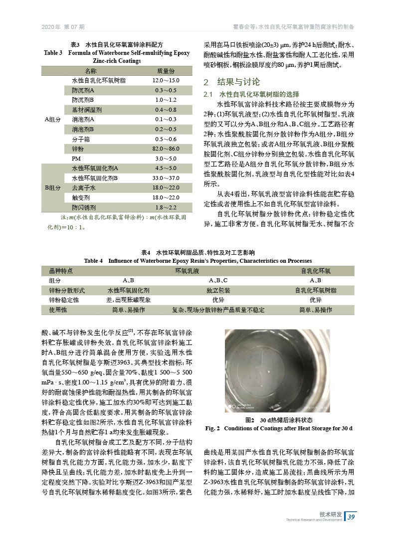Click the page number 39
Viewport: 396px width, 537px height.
[x=351, y=516]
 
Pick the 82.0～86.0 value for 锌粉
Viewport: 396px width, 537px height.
[x=166, y=149]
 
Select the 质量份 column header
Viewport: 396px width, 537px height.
[x=166, y=71]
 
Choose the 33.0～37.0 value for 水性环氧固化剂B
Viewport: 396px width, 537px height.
[x=166, y=178]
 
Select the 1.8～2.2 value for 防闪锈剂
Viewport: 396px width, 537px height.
[x=166, y=207]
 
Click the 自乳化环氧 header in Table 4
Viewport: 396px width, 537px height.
[x=315, y=271]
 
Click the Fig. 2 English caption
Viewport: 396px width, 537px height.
[x=279, y=428]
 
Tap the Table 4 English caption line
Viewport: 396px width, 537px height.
[x=198, y=261]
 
